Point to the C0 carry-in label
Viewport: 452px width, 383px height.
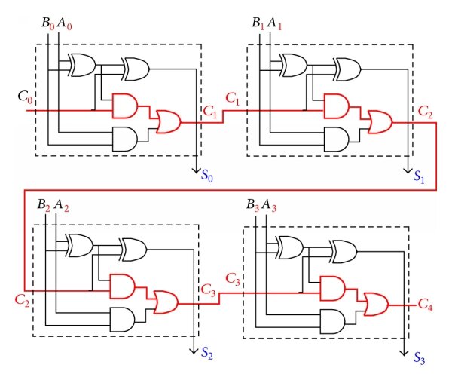pyautogui.click(x=25, y=97)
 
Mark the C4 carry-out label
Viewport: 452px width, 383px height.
pyautogui.click(x=426, y=305)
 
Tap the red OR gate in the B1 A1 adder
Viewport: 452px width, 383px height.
pyautogui.click(x=376, y=121)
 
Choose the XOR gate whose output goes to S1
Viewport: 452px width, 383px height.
pyautogui.click(x=347, y=69)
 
